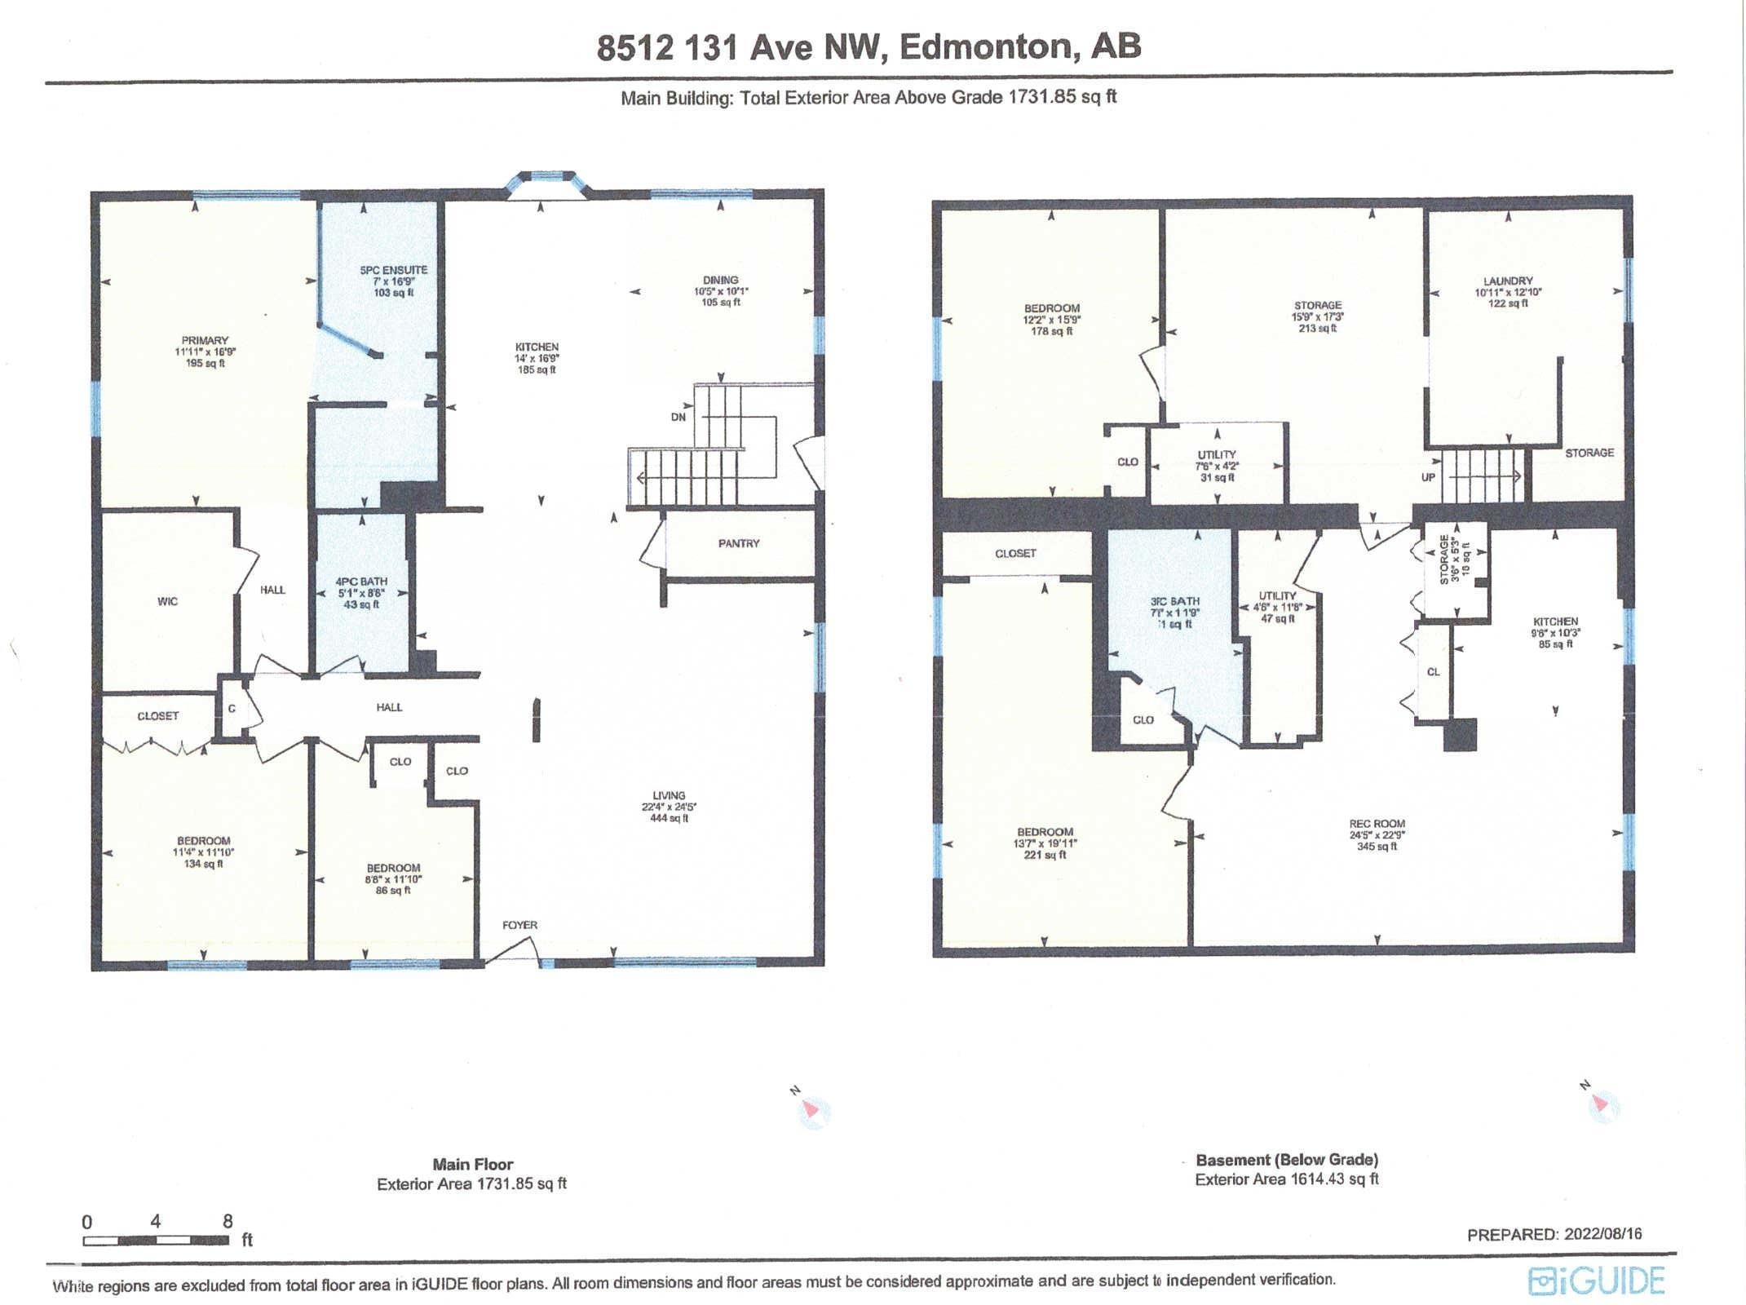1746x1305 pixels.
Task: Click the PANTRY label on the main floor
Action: click(x=739, y=543)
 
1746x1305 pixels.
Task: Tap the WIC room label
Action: click(x=167, y=602)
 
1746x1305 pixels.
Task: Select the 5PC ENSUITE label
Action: click(x=394, y=270)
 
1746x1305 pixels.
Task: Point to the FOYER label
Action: click(x=519, y=925)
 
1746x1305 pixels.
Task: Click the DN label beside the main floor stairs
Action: click(x=679, y=417)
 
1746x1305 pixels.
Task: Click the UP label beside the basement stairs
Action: click(x=1428, y=477)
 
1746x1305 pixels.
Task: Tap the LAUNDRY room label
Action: click(x=1508, y=281)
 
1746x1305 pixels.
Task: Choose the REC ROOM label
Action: click(x=1377, y=824)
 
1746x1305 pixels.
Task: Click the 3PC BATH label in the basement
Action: click(x=1175, y=601)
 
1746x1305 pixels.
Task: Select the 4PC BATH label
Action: click(x=361, y=582)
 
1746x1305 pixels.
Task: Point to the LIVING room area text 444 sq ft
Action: click(x=669, y=818)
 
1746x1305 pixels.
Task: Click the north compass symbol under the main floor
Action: click(x=811, y=1110)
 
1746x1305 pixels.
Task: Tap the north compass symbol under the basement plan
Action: click(x=1602, y=1104)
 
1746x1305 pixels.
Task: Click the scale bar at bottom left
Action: click(x=155, y=1241)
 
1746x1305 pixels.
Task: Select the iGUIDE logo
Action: click(x=1596, y=1281)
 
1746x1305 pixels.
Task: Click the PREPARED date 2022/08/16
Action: click(x=1602, y=1234)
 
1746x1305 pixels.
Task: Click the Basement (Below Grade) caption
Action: click(x=1287, y=1160)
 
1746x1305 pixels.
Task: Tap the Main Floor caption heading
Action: click(x=473, y=1165)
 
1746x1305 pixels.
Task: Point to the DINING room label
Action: click(x=720, y=280)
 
